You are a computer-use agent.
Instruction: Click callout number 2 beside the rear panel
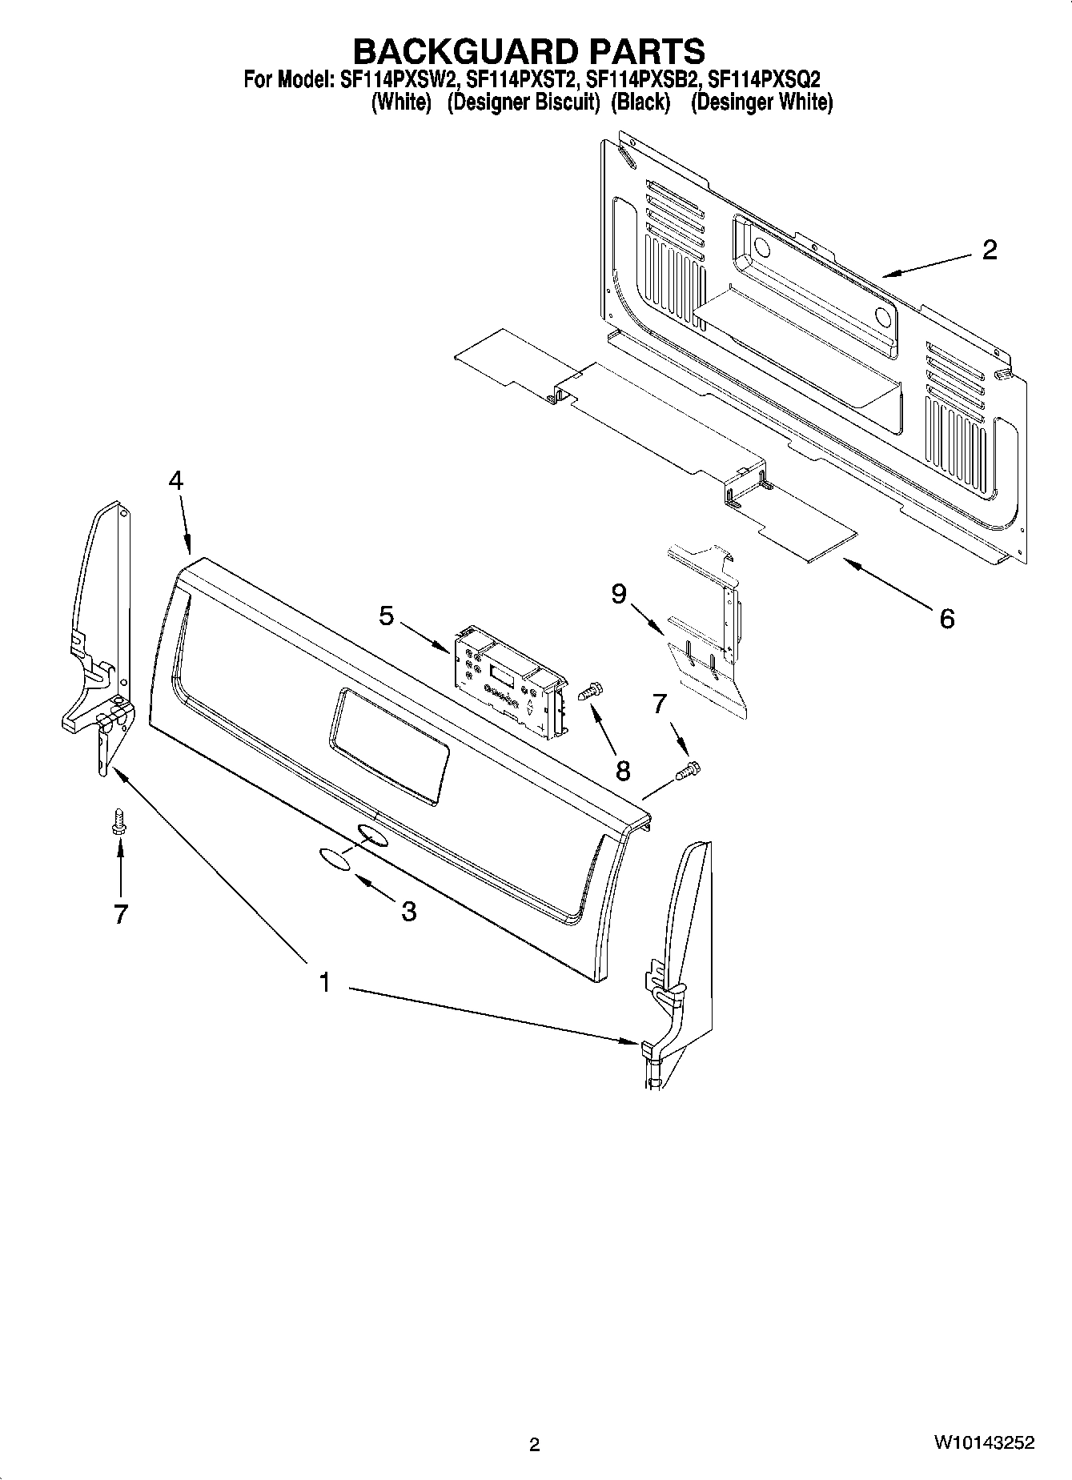tap(990, 251)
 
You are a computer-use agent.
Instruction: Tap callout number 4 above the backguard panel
tap(176, 481)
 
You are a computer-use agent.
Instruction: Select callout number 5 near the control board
tap(387, 616)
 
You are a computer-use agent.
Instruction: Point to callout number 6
tap(947, 618)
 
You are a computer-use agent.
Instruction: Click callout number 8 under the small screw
tap(623, 770)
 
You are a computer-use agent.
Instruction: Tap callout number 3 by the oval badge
tap(408, 910)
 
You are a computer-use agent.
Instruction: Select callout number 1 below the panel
tap(324, 982)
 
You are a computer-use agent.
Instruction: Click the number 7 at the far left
tap(121, 914)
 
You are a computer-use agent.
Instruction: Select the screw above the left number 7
tap(118, 822)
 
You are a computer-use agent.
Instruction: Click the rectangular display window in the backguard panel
tap(391, 744)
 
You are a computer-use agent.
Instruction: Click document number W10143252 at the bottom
tap(982, 1443)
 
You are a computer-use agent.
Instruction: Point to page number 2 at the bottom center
tap(535, 1444)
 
